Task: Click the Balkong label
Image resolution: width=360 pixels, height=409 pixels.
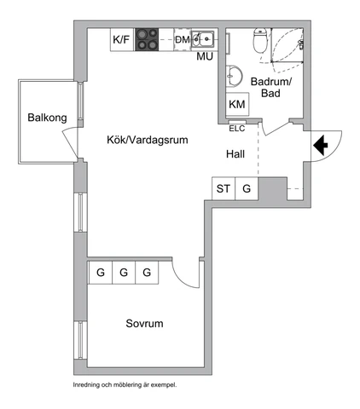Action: point(47,118)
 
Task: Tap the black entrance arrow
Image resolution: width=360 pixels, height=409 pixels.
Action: point(321,146)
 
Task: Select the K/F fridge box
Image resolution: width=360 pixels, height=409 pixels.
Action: point(122,40)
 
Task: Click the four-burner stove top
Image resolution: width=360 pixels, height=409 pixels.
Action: point(147,40)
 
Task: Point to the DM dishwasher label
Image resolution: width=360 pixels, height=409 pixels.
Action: point(183,39)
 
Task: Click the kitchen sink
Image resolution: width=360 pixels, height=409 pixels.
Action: point(203,38)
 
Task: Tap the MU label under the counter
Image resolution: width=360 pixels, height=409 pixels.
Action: point(205,56)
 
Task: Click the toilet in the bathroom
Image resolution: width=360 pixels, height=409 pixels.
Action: point(260,40)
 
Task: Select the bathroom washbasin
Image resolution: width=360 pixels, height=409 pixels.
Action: point(235,77)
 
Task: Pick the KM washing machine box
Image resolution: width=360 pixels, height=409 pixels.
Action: point(237,104)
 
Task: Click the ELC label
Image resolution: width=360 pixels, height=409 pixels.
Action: point(237,129)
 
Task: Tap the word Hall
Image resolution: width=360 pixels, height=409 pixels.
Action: point(235,154)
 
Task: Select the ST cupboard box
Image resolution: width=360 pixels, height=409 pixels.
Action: point(224,188)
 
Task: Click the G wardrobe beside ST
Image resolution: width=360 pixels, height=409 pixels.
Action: point(247,188)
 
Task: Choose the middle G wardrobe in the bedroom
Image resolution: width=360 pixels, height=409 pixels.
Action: point(124,273)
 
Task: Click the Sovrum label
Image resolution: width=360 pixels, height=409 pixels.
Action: point(144,324)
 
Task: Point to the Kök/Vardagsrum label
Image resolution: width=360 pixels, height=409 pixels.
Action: point(148,140)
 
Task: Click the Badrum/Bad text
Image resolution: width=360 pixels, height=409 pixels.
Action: point(271,88)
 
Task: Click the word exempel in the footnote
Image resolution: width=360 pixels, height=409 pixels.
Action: point(164,385)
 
